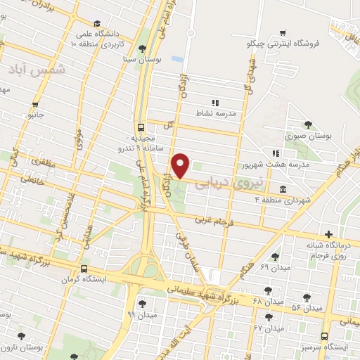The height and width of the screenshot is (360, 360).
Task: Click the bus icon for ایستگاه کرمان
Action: pos(84,269)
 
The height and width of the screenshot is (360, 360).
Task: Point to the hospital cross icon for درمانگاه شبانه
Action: pos(328,234)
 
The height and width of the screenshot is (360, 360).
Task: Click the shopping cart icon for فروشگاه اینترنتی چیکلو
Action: pos(282,32)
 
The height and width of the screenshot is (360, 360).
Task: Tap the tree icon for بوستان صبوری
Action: pos(308,124)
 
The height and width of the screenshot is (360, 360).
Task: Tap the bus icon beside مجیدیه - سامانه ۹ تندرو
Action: pos(141,128)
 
